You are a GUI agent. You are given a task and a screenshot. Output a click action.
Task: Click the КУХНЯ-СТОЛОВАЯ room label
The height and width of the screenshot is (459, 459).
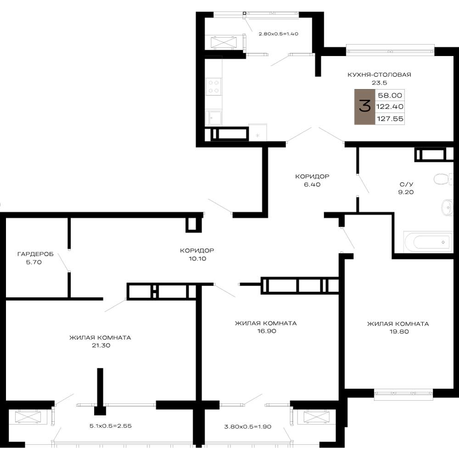(379, 75)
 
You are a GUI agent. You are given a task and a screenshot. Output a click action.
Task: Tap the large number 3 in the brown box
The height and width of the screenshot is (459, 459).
(365, 106)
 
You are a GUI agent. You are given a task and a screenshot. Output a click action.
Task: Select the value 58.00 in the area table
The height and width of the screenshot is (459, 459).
(390, 95)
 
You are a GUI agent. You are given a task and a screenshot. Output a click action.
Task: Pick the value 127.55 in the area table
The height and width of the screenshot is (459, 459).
(390, 118)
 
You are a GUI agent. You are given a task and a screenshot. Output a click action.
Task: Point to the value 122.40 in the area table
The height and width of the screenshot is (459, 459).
(390, 106)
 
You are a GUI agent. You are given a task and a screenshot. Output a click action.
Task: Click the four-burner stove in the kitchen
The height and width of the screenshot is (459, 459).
(214, 87)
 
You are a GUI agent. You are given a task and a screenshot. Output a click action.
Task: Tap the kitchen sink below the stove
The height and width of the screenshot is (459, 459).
(214, 118)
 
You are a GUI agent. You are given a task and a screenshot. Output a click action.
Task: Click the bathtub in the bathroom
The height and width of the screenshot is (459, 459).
(428, 242)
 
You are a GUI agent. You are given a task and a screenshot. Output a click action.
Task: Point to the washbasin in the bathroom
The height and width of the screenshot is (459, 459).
(447, 207)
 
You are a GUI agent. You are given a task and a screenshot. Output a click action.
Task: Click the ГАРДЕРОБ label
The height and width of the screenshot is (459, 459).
(35, 254)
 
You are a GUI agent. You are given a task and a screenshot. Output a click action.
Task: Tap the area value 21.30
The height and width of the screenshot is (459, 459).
(101, 346)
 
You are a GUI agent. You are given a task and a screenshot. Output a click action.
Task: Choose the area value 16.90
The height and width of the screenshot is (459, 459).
(267, 331)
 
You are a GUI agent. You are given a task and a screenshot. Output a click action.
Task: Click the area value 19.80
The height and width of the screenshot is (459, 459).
(399, 332)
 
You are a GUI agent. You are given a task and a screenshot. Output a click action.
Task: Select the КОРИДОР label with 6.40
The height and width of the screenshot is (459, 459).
(312, 177)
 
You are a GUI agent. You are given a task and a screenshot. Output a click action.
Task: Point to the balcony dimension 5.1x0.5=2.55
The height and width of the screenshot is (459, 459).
(110, 426)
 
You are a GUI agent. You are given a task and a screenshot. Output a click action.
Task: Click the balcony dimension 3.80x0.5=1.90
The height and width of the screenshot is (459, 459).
(248, 427)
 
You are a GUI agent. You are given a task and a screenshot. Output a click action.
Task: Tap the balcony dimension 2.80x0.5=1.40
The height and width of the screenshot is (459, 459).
(279, 34)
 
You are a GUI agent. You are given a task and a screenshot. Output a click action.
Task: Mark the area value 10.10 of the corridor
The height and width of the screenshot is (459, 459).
(197, 259)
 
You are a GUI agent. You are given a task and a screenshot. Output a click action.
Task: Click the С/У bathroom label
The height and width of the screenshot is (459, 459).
(406, 185)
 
